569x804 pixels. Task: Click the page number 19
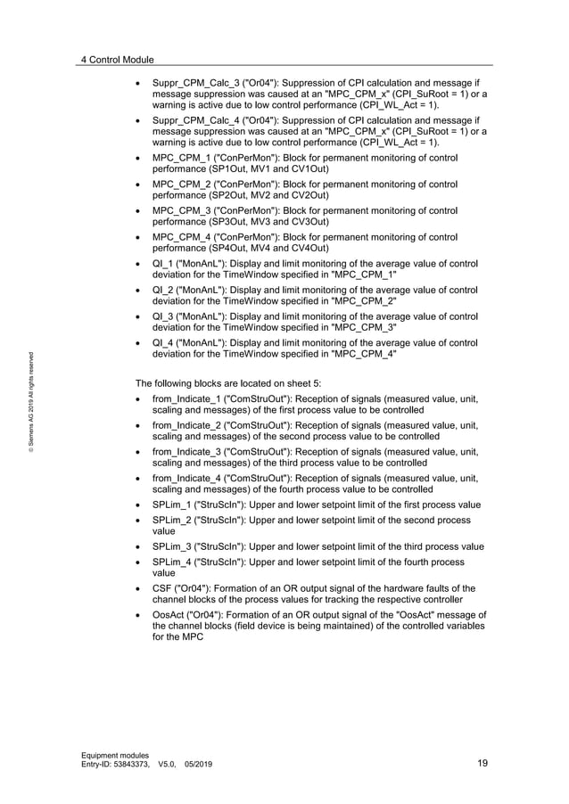(482, 763)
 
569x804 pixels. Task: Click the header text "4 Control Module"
(117, 60)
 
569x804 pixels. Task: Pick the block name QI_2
(161, 291)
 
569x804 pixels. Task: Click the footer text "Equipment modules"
(115, 754)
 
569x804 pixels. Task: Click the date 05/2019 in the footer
(198, 764)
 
